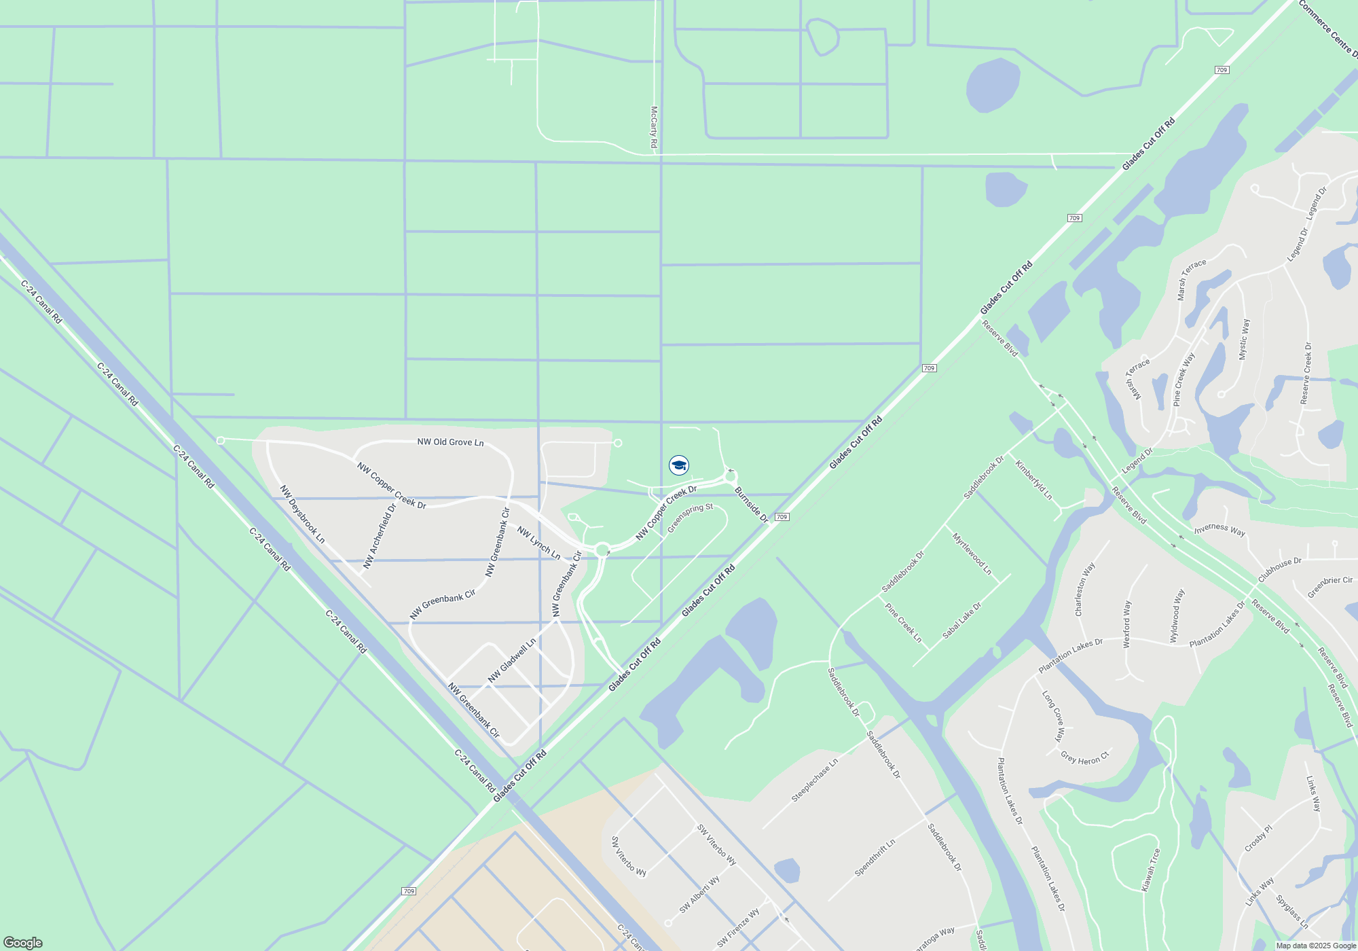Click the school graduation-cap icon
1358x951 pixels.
pos(679,465)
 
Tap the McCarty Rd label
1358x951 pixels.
pos(654,127)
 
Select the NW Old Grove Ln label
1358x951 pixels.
pos(450,442)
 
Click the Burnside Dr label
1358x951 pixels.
pos(751,505)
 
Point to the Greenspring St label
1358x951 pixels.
pos(690,518)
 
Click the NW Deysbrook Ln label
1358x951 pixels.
pos(302,514)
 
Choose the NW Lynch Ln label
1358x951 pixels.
pos(538,543)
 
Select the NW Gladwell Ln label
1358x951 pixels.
pos(512,660)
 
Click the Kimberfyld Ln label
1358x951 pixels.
pos(1033,480)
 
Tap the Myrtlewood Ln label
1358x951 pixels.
pos(972,554)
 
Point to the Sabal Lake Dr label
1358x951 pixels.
pos(961,621)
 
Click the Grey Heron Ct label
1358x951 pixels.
pos(1084,757)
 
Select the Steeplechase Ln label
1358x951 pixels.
pos(815,780)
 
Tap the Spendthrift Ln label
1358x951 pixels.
pos(875,857)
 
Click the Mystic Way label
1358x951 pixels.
pos(1243,340)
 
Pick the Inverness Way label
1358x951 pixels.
pos(1219,529)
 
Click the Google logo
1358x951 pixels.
pos(23,943)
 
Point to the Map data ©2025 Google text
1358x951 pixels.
pos(1316,946)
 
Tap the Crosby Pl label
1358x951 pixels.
pos(1258,838)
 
